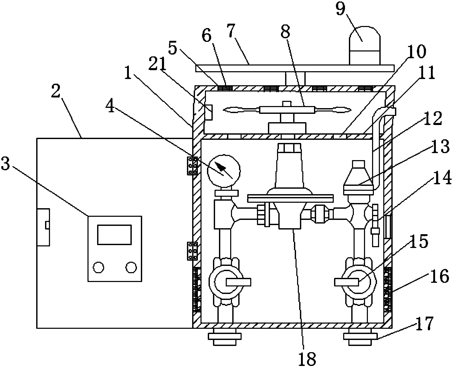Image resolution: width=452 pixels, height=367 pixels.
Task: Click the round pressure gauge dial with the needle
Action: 223,171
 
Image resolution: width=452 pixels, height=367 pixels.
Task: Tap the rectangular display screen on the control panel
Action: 114,234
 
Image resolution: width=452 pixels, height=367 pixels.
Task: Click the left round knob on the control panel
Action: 99,267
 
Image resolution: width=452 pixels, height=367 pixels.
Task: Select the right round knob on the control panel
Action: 131,267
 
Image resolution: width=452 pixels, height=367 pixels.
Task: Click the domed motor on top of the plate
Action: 365,45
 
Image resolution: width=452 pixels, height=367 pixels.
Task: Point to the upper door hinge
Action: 192,166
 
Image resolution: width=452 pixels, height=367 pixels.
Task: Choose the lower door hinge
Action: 192,251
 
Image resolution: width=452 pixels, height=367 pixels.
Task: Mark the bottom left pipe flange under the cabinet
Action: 225,336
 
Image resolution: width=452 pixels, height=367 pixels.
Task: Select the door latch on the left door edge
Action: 43,227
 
